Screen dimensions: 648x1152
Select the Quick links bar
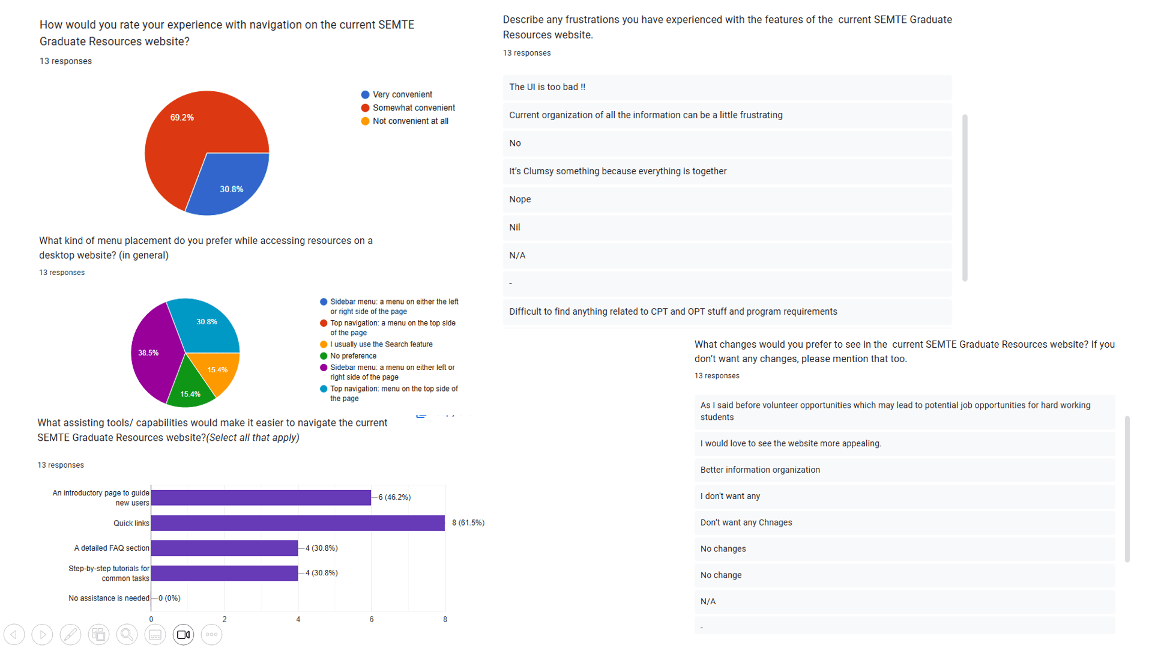click(297, 523)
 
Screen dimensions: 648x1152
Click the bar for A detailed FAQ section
click(225, 548)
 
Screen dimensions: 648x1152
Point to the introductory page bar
click(261, 497)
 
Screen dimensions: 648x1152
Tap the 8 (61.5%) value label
click(468, 523)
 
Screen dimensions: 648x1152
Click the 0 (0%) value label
click(169, 598)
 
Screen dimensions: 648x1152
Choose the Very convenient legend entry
click(402, 95)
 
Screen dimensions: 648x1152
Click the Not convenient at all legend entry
click(410, 121)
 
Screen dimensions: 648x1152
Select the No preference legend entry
click(353, 356)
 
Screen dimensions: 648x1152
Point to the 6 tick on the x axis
click(372, 619)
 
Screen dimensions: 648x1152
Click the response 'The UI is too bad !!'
click(547, 87)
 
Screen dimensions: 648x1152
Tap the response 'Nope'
click(520, 199)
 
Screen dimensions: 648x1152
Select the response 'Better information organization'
click(760, 470)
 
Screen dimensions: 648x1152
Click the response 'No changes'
click(723, 549)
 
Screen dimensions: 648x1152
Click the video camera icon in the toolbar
click(184, 635)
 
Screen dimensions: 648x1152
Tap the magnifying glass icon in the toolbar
click(127, 635)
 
